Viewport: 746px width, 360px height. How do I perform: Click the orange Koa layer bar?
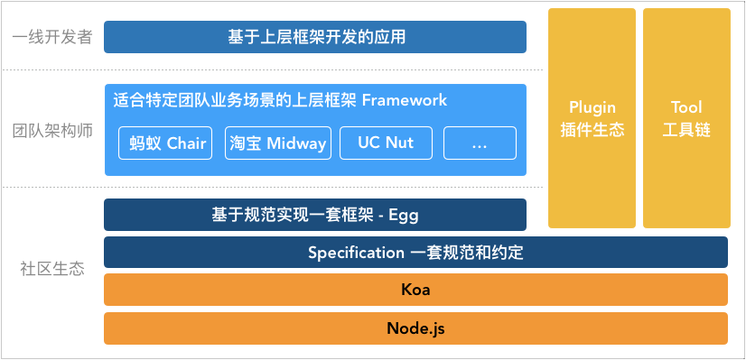pos(415,290)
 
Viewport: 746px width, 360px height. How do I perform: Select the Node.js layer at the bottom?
pos(415,328)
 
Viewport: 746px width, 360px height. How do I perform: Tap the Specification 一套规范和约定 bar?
pos(415,252)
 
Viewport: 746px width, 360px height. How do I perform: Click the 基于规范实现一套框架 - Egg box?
pos(315,215)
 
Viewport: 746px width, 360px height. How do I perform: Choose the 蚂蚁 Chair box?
pos(167,143)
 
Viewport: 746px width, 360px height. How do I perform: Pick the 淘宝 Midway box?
pos(277,143)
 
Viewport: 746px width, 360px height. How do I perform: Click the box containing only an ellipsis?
pos(479,143)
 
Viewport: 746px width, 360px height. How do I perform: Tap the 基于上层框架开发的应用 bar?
pos(315,37)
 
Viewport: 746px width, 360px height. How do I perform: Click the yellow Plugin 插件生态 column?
pos(592,118)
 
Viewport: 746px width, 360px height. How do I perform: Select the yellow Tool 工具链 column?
pos(686,118)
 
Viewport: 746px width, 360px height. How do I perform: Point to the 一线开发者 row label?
pos(52,38)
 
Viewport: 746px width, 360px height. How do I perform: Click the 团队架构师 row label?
pos(52,131)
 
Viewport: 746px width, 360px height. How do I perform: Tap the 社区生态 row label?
pos(52,269)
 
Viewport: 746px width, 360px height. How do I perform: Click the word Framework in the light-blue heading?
pos(404,100)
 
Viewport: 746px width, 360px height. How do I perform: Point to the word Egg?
pos(403,215)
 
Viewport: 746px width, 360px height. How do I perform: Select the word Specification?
pos(355,252)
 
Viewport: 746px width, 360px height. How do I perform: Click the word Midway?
pos(296,143)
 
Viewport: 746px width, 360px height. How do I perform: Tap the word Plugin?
pos(592,107)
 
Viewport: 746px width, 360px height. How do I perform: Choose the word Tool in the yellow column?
pos(686,107)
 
